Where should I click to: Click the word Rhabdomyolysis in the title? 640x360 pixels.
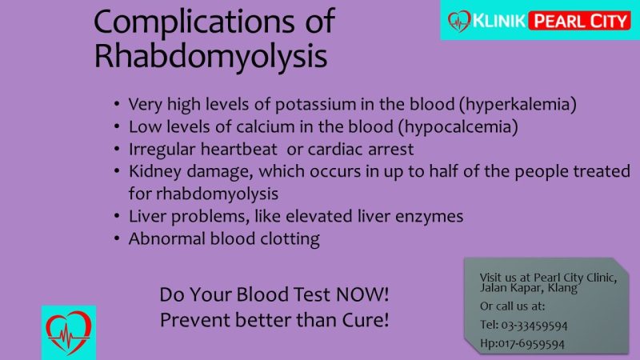click(x=210, y=57)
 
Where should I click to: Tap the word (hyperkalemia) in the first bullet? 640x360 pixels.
click(x=518, y=105)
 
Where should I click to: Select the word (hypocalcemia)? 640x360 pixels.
click(x=458, y=127)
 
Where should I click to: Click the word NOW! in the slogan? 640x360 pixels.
click(x=362, y=294)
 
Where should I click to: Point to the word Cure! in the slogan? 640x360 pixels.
click(x=366, y=320)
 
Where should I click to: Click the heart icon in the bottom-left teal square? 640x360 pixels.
click(x=69, y=332)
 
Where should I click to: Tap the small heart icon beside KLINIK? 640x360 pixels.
click(x=459, y=21)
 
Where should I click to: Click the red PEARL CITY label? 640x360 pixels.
click(x=579, y=21)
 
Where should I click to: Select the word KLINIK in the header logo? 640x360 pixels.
click(x=498, y=21)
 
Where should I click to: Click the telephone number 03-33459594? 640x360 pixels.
click(x=534, y=326)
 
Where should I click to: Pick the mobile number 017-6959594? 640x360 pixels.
click(x=531, y=344)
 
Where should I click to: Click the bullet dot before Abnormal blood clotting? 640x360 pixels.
click(x=117, y=238)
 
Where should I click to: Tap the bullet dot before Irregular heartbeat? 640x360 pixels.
click(x=117, y=149)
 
